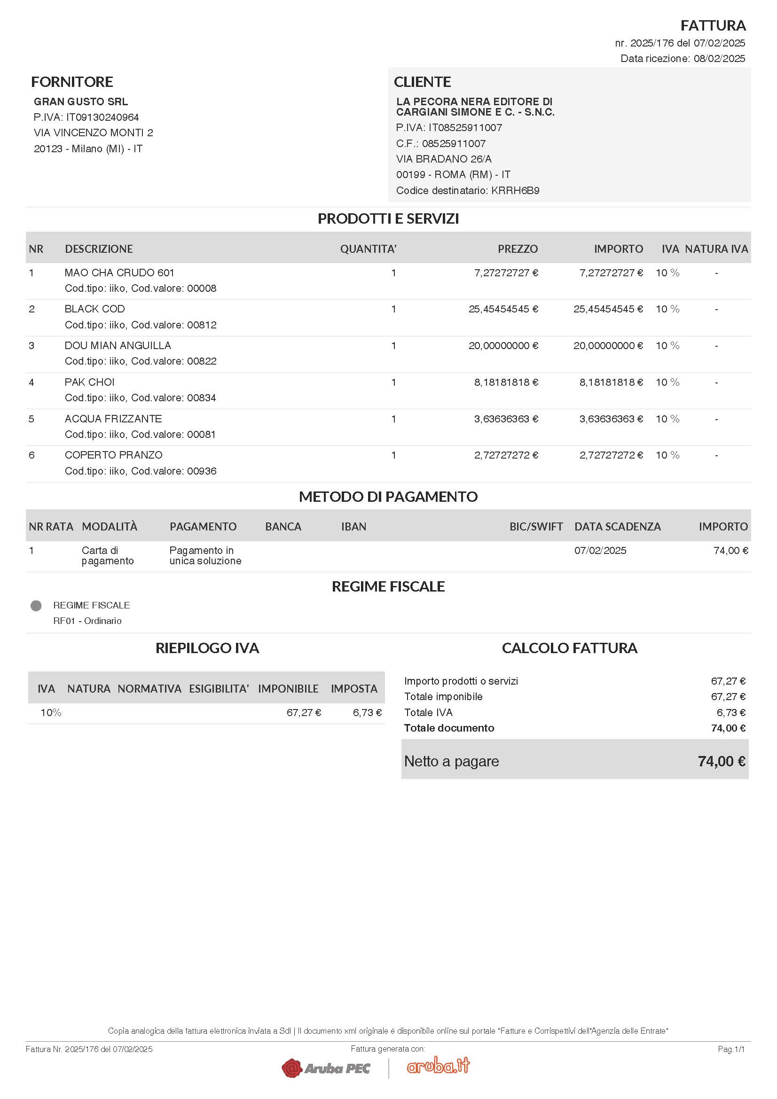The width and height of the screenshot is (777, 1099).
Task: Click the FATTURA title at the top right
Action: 713,25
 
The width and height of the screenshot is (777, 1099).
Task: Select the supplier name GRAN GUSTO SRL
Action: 80,101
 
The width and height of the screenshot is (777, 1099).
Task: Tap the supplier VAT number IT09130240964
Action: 102,117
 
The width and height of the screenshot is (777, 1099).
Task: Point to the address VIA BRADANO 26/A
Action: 443,159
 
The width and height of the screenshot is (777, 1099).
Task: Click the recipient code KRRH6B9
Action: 515,190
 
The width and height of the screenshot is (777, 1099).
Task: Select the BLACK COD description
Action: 94,309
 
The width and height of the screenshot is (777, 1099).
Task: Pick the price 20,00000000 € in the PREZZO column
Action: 502,346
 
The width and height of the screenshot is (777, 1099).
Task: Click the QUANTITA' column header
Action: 368,249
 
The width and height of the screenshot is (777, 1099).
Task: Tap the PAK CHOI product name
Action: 89,382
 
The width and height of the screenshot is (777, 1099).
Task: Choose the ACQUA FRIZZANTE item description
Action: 113,419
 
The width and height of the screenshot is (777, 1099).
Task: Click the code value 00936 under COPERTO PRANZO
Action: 202,471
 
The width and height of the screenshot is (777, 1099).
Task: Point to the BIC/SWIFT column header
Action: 536,527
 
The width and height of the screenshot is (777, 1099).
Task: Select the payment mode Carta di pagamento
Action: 107,556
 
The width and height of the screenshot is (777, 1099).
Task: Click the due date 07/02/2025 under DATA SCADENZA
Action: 600,551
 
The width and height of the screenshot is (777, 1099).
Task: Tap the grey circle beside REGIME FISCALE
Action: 36,606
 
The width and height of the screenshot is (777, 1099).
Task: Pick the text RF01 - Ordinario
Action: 87,621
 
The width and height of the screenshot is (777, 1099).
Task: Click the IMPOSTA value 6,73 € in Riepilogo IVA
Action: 367,713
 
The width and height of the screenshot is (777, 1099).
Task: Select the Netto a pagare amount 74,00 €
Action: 721,762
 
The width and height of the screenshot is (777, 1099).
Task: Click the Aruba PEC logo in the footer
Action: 326,1068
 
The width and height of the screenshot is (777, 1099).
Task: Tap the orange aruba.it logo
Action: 438,1066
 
